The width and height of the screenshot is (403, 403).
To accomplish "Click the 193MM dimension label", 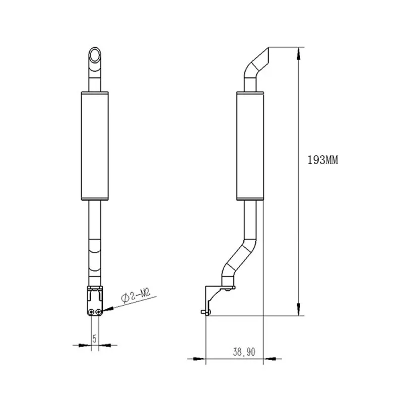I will tap(322, 160).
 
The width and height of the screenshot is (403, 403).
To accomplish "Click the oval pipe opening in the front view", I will tap(94, 53).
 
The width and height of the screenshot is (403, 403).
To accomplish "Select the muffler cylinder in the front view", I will tap(94, 146).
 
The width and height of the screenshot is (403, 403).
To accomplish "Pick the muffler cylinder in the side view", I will tap(250, 146).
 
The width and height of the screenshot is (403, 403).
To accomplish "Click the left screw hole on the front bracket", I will tap(91, 312).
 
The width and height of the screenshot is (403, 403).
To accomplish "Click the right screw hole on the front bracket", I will tap(98, 312).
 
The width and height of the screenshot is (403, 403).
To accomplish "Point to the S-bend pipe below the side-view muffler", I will tap(241, 257).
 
